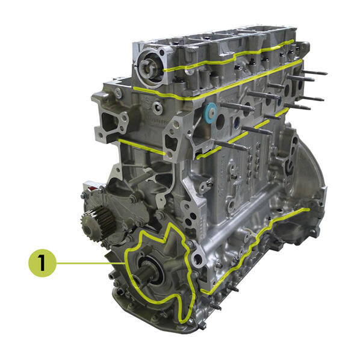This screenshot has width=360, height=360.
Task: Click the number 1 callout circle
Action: (42, 263)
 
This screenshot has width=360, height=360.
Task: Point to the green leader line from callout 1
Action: (91, 263)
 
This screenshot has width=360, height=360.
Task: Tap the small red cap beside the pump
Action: (92, 188)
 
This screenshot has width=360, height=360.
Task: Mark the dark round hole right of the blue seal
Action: (220, 120)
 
